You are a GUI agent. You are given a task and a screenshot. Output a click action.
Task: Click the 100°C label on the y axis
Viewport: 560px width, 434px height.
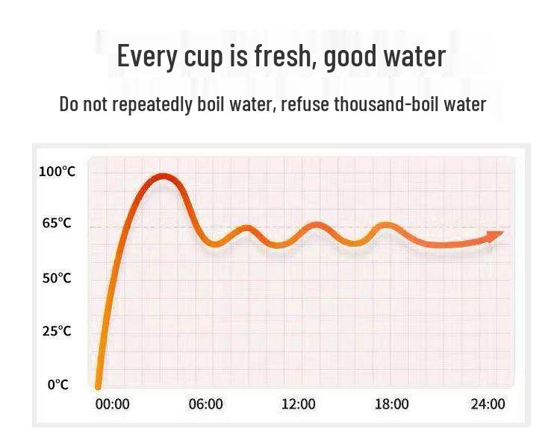coord(57,172)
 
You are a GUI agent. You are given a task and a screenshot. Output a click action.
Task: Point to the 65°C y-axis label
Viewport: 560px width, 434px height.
coord(57,223)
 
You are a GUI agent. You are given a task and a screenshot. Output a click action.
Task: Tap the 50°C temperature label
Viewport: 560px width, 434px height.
coord(57,278)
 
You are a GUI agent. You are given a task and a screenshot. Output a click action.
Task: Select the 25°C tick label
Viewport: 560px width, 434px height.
coord(57,331)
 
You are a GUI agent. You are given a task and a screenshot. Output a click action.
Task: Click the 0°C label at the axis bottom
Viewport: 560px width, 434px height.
coord(58,385)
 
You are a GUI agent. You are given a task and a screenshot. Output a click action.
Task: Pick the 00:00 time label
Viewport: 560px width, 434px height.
coord(113,404)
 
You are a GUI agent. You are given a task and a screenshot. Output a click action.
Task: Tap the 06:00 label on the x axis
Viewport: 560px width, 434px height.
coord(206,404)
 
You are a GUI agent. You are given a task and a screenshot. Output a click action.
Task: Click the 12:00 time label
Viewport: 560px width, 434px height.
coord(299,404)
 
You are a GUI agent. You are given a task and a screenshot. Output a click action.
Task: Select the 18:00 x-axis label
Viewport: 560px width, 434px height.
coord(392,404)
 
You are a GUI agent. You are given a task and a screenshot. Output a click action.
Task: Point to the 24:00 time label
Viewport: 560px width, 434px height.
coord(488,404)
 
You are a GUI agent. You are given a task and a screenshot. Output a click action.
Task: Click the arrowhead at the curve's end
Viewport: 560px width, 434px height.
coord(495,236)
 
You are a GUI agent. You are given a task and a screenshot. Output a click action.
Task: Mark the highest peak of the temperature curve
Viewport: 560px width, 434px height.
coord(163,177)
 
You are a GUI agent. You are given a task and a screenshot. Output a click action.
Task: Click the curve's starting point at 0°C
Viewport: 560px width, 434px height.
coord(98,386)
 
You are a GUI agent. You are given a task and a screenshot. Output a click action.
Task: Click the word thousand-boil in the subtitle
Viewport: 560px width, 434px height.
coord(386,104)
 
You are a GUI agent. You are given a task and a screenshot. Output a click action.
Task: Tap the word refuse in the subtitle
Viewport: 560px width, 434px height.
coord(305,104)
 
